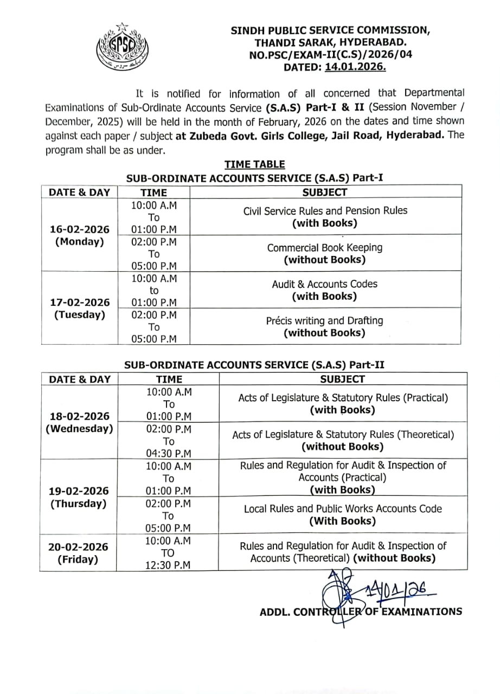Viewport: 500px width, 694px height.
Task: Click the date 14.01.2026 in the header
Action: tap(355, 67)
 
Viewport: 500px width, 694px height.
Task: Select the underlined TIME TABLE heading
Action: tap(254, 164)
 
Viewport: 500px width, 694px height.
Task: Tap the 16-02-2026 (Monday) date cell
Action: tap(79, 235)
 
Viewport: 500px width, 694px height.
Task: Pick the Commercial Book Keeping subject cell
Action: tap(324, 253)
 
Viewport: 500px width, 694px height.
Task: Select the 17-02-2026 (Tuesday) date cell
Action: tap(79, 309)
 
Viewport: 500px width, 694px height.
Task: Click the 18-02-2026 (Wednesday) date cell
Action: tap(79, 422)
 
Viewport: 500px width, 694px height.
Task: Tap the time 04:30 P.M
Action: tap(169, 453)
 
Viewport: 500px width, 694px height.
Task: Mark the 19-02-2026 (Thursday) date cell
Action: tap(79, 497)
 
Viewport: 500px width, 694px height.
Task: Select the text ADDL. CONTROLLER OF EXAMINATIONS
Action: tap(361, 612)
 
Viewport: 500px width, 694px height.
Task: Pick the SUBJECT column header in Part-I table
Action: tap(324, 192)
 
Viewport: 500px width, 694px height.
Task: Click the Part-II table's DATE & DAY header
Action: tap(79, 380)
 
